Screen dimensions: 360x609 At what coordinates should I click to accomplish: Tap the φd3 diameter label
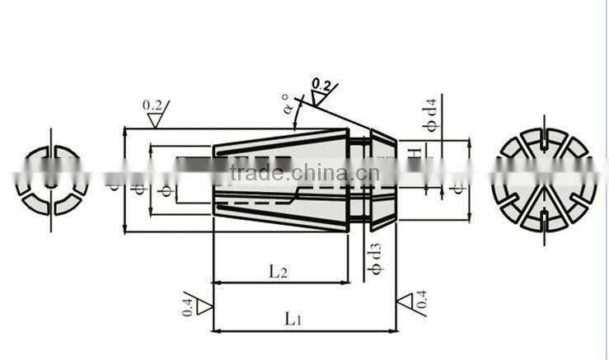point(375,258)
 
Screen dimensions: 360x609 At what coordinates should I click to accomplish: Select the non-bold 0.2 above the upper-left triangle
point(152,105)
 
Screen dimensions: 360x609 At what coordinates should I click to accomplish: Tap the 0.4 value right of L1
point(422,302)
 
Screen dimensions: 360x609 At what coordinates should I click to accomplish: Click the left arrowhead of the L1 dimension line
point(216,331)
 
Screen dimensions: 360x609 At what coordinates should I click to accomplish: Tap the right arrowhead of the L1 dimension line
point(393,331)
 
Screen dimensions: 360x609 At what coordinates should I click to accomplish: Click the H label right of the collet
point(418,152)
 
